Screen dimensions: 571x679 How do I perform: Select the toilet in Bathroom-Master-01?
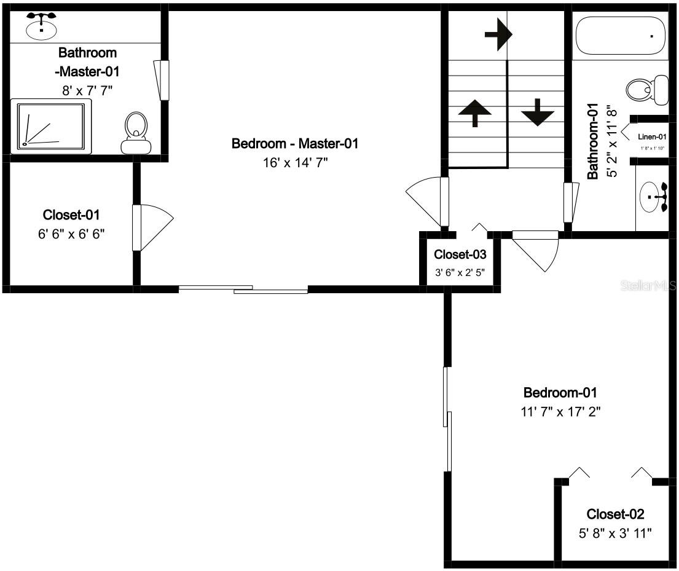click(x=136, y=132)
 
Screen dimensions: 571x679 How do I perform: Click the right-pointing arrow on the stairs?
click(x=498, y=35)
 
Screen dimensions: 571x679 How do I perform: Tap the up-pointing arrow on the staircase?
click(x=474, y=113)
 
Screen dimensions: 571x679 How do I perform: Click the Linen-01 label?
click(x=652, y=137)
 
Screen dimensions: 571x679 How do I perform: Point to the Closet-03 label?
click(x=460, y=254)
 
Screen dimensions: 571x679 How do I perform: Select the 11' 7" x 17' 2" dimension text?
click(x=560, y=412)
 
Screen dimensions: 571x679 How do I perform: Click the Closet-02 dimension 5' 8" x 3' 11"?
click(x=615, y=533)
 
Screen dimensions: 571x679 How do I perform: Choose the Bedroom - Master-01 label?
click(x=294, y=144)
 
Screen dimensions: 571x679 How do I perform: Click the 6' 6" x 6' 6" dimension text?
click(x=71, y=234)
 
